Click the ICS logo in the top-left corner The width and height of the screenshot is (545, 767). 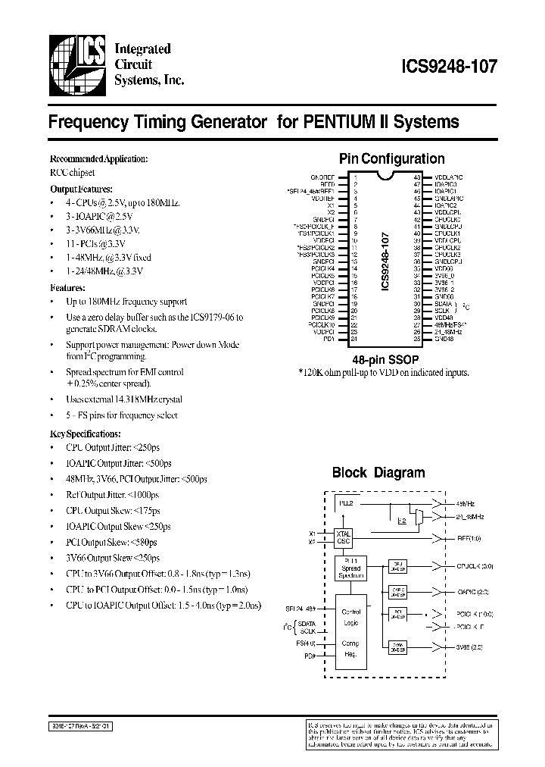click(x=76, y=66)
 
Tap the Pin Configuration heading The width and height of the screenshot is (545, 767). click(x=391, y=158)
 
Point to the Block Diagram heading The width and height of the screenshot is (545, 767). click(x=378, y=472)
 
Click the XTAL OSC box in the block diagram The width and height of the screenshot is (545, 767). click(x=344, y=537)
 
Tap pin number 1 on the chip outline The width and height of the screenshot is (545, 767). click(x=355, y=177)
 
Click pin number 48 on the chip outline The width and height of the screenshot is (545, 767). click(x=417, y=177)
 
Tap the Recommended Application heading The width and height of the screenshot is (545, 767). click(x=98, y=159)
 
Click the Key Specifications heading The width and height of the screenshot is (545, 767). click(x=85, y=434)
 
